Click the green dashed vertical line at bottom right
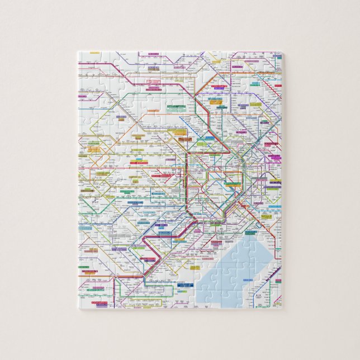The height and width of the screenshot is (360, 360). (x=275, y=291)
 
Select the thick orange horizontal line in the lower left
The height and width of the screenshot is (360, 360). (x=95, y=275)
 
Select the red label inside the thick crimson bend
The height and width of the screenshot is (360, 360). (x=150, y=259)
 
